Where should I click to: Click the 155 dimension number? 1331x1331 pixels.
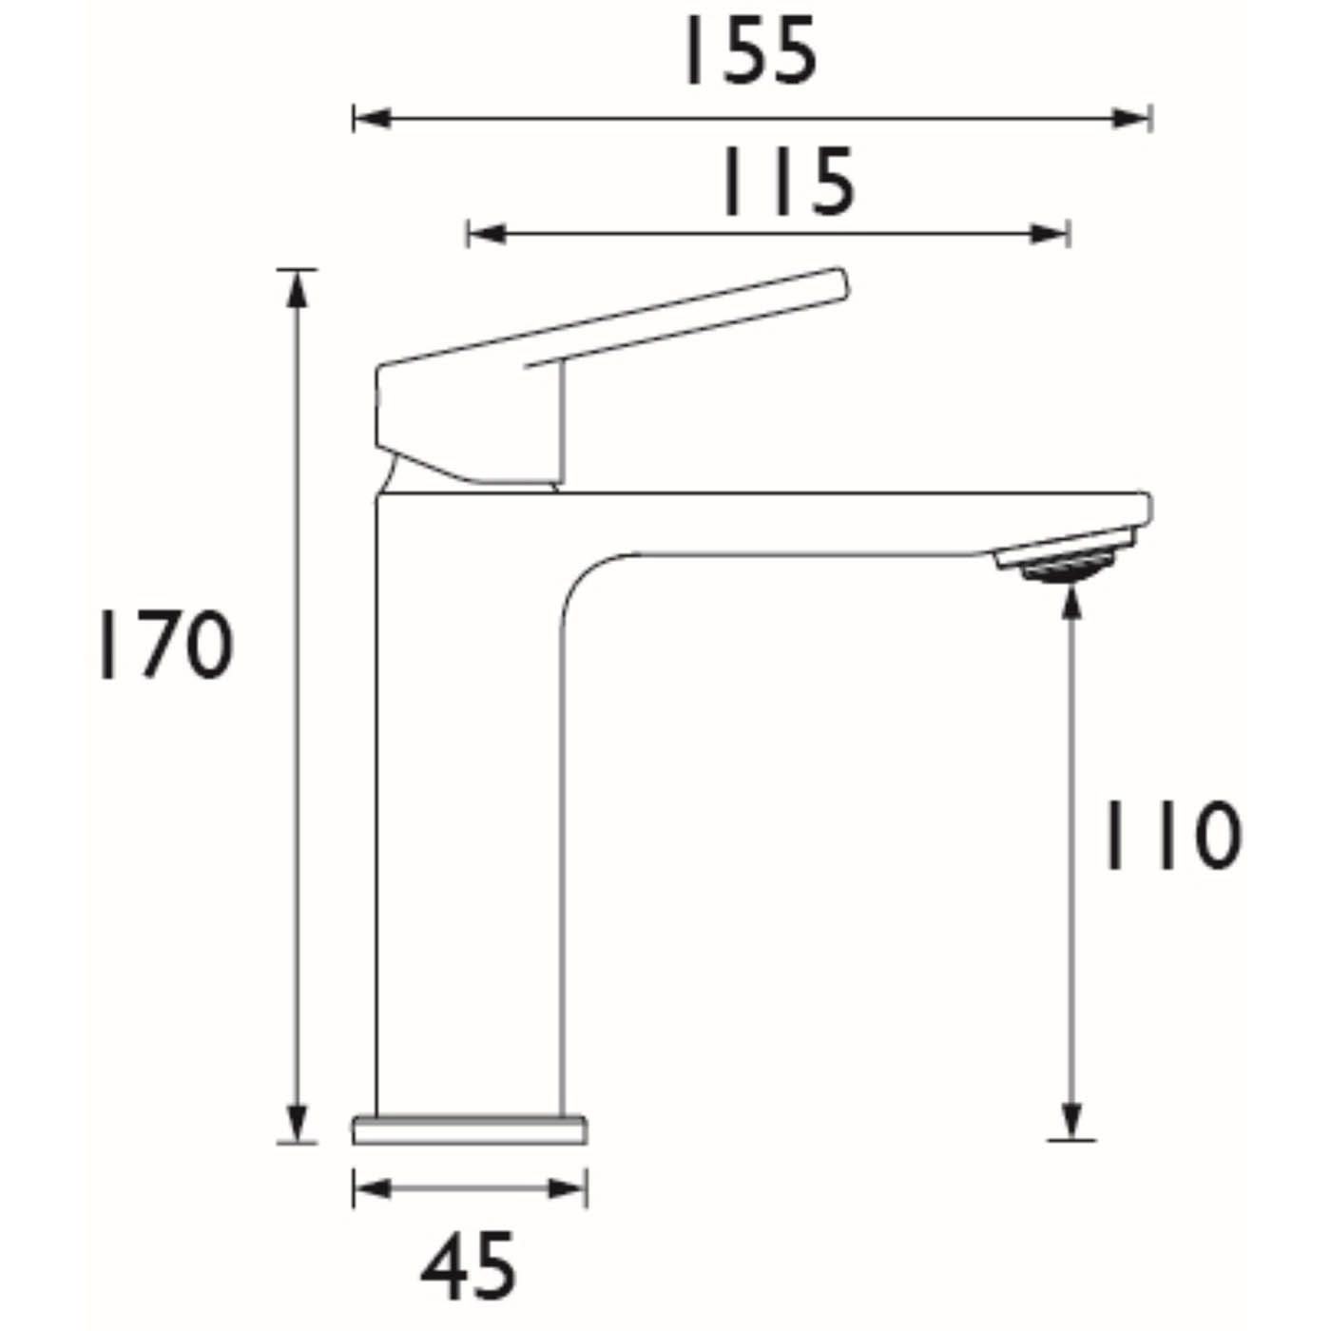(x=748, y=52)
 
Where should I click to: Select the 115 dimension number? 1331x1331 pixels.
(x=787, y=182)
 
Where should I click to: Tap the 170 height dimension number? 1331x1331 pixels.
(x=164, y=646)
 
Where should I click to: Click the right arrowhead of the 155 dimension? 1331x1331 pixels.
(x=1133, y=119)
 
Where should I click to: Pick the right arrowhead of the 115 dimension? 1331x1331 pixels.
(x=1051, y=233)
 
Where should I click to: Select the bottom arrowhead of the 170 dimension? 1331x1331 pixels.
(x=299, y=1125)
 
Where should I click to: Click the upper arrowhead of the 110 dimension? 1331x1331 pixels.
(x=1071, y=601)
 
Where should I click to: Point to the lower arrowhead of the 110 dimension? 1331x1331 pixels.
(x=1071, y=1122)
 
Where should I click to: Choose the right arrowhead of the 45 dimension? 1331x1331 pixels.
(x=569, y=1188)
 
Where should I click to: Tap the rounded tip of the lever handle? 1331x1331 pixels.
(x=837, y=282)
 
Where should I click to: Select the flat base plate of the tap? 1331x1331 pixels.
(x=470, y=1130)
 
